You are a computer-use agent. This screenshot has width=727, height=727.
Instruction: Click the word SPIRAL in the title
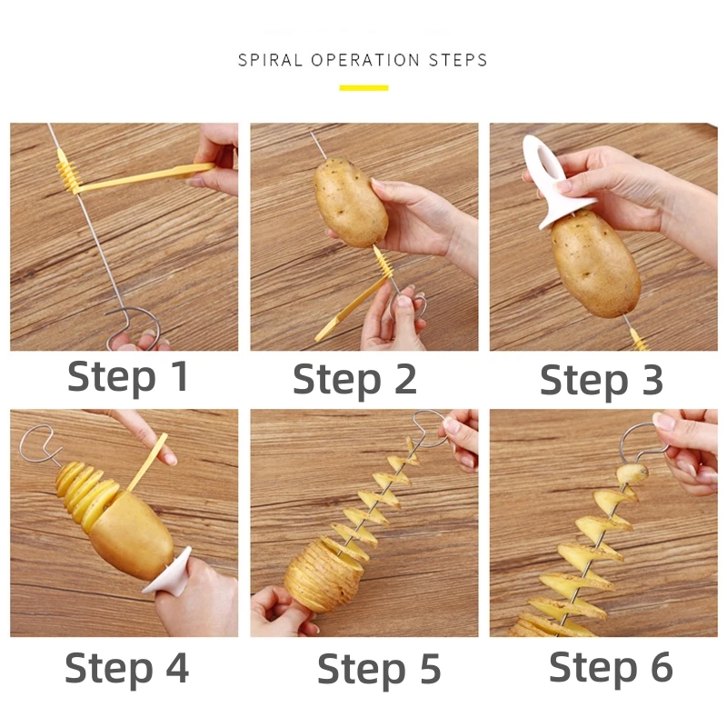[271, 61]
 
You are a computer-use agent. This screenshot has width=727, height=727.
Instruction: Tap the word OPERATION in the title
[367, 61]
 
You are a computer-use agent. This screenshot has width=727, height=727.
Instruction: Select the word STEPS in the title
[458, 61]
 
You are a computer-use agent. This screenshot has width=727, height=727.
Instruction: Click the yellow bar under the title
[363, 88]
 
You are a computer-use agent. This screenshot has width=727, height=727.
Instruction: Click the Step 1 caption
[128, 376]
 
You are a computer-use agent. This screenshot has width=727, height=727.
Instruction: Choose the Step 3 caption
[602, 379]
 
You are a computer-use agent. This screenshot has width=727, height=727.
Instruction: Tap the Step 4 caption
[127, 668]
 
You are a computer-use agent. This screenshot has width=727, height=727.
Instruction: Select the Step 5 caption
[379, 670]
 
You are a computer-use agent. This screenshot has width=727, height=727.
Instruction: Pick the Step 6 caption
[611, 668]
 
